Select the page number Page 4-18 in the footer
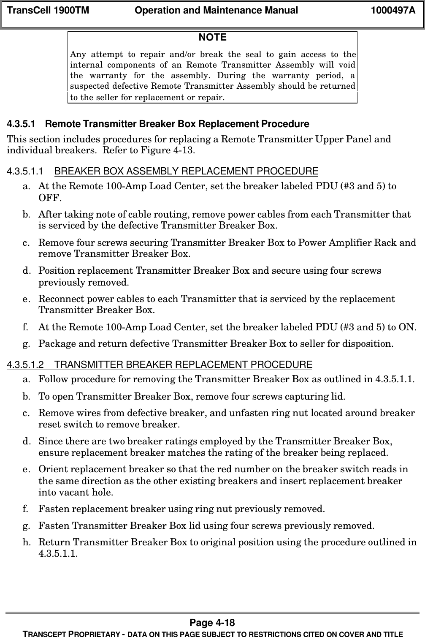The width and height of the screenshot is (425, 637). (x=212, y=623)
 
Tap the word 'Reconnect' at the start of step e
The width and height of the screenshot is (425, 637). (x=61, y=299)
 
